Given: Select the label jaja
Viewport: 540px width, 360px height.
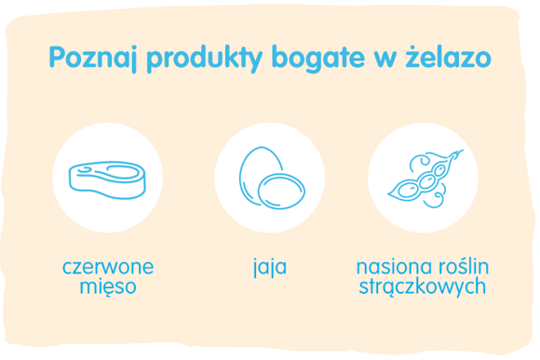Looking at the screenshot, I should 269,269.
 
